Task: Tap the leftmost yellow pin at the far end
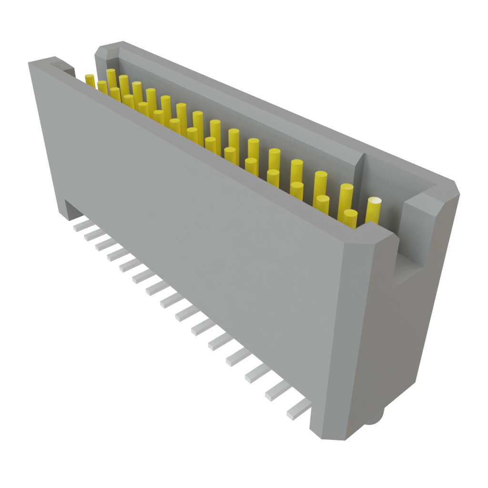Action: point(90,80)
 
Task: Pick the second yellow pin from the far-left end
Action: point(102,87)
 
